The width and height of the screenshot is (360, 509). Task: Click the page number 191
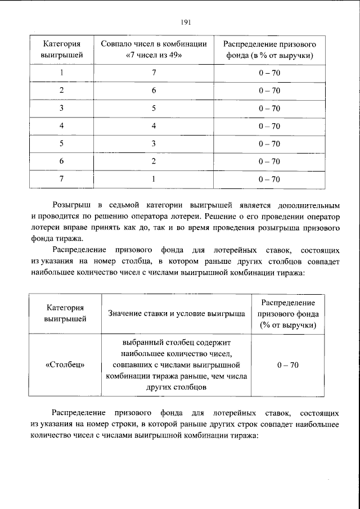(x=186, y=22)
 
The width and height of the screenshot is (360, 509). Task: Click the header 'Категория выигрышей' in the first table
(x=61, y=49)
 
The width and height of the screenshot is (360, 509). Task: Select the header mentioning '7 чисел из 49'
(x=154, y=49)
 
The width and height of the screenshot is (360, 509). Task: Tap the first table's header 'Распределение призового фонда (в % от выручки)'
(x=269, y=49)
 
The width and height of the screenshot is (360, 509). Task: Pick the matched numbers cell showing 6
(x=154, y=91)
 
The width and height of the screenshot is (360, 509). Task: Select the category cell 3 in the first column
(x=61, y=109)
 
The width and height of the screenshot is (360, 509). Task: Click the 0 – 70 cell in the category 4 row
(x=269, y=126)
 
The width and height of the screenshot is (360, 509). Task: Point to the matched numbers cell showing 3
(x=154, y=143)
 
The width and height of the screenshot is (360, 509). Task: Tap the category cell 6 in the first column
(x=61, y=161)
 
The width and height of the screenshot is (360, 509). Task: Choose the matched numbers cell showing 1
(x=154, y=179)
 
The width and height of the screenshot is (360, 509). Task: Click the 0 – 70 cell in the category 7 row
(x=269, y=179)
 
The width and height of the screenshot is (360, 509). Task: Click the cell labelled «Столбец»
(x=65, y=365)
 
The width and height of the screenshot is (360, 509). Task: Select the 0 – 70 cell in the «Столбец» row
(x=288, y=365)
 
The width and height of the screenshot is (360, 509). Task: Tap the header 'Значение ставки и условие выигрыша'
(x=176, y=313)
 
